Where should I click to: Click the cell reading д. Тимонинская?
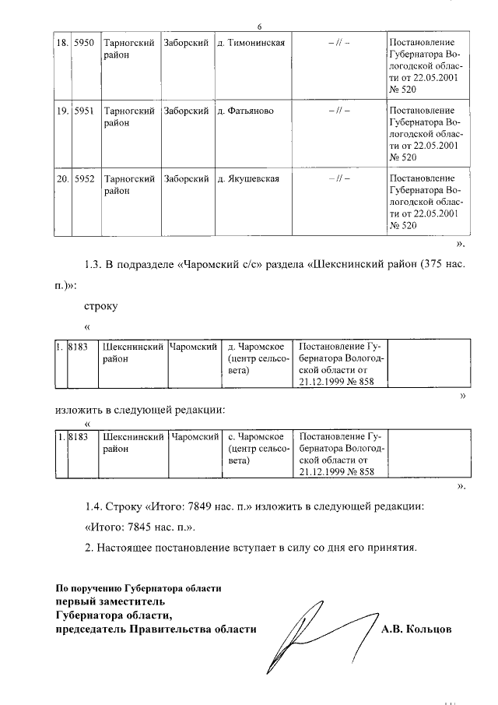pyautogui.click(x=252, y=43)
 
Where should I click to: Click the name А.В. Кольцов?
pyautogui.click(x=416, y=629)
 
